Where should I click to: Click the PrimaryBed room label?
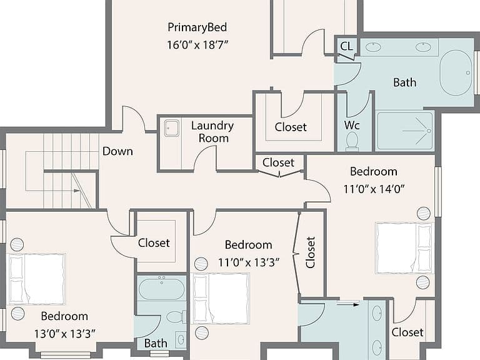[x=197, y=27]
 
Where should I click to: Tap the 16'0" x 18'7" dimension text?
[x=197, y=45]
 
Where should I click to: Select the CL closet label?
[x=346, y=46]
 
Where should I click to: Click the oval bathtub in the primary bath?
[x=456, y=72]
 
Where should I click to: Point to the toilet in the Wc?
[x=352, y=141]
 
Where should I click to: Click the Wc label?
[x=352, y=125]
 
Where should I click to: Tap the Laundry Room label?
[x=212, y=132]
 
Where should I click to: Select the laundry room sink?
[x=171, y=128]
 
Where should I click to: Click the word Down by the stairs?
[x=117, y=151]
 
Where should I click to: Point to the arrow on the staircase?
[x=76, y=191]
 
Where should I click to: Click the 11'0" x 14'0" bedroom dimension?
[x=374, y=189]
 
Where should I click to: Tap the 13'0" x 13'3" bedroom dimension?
[x=64, y=334]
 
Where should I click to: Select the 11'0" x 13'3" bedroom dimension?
[x=249, y=262]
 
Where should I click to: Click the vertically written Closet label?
[x=311, y=252]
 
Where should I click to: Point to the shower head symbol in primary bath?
[x=429, y=131]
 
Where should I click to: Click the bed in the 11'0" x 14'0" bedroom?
[x=404, y=248]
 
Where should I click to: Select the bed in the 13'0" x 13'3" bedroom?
[x=37, y=279]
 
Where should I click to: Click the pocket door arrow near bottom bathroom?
[x=348, y=304]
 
